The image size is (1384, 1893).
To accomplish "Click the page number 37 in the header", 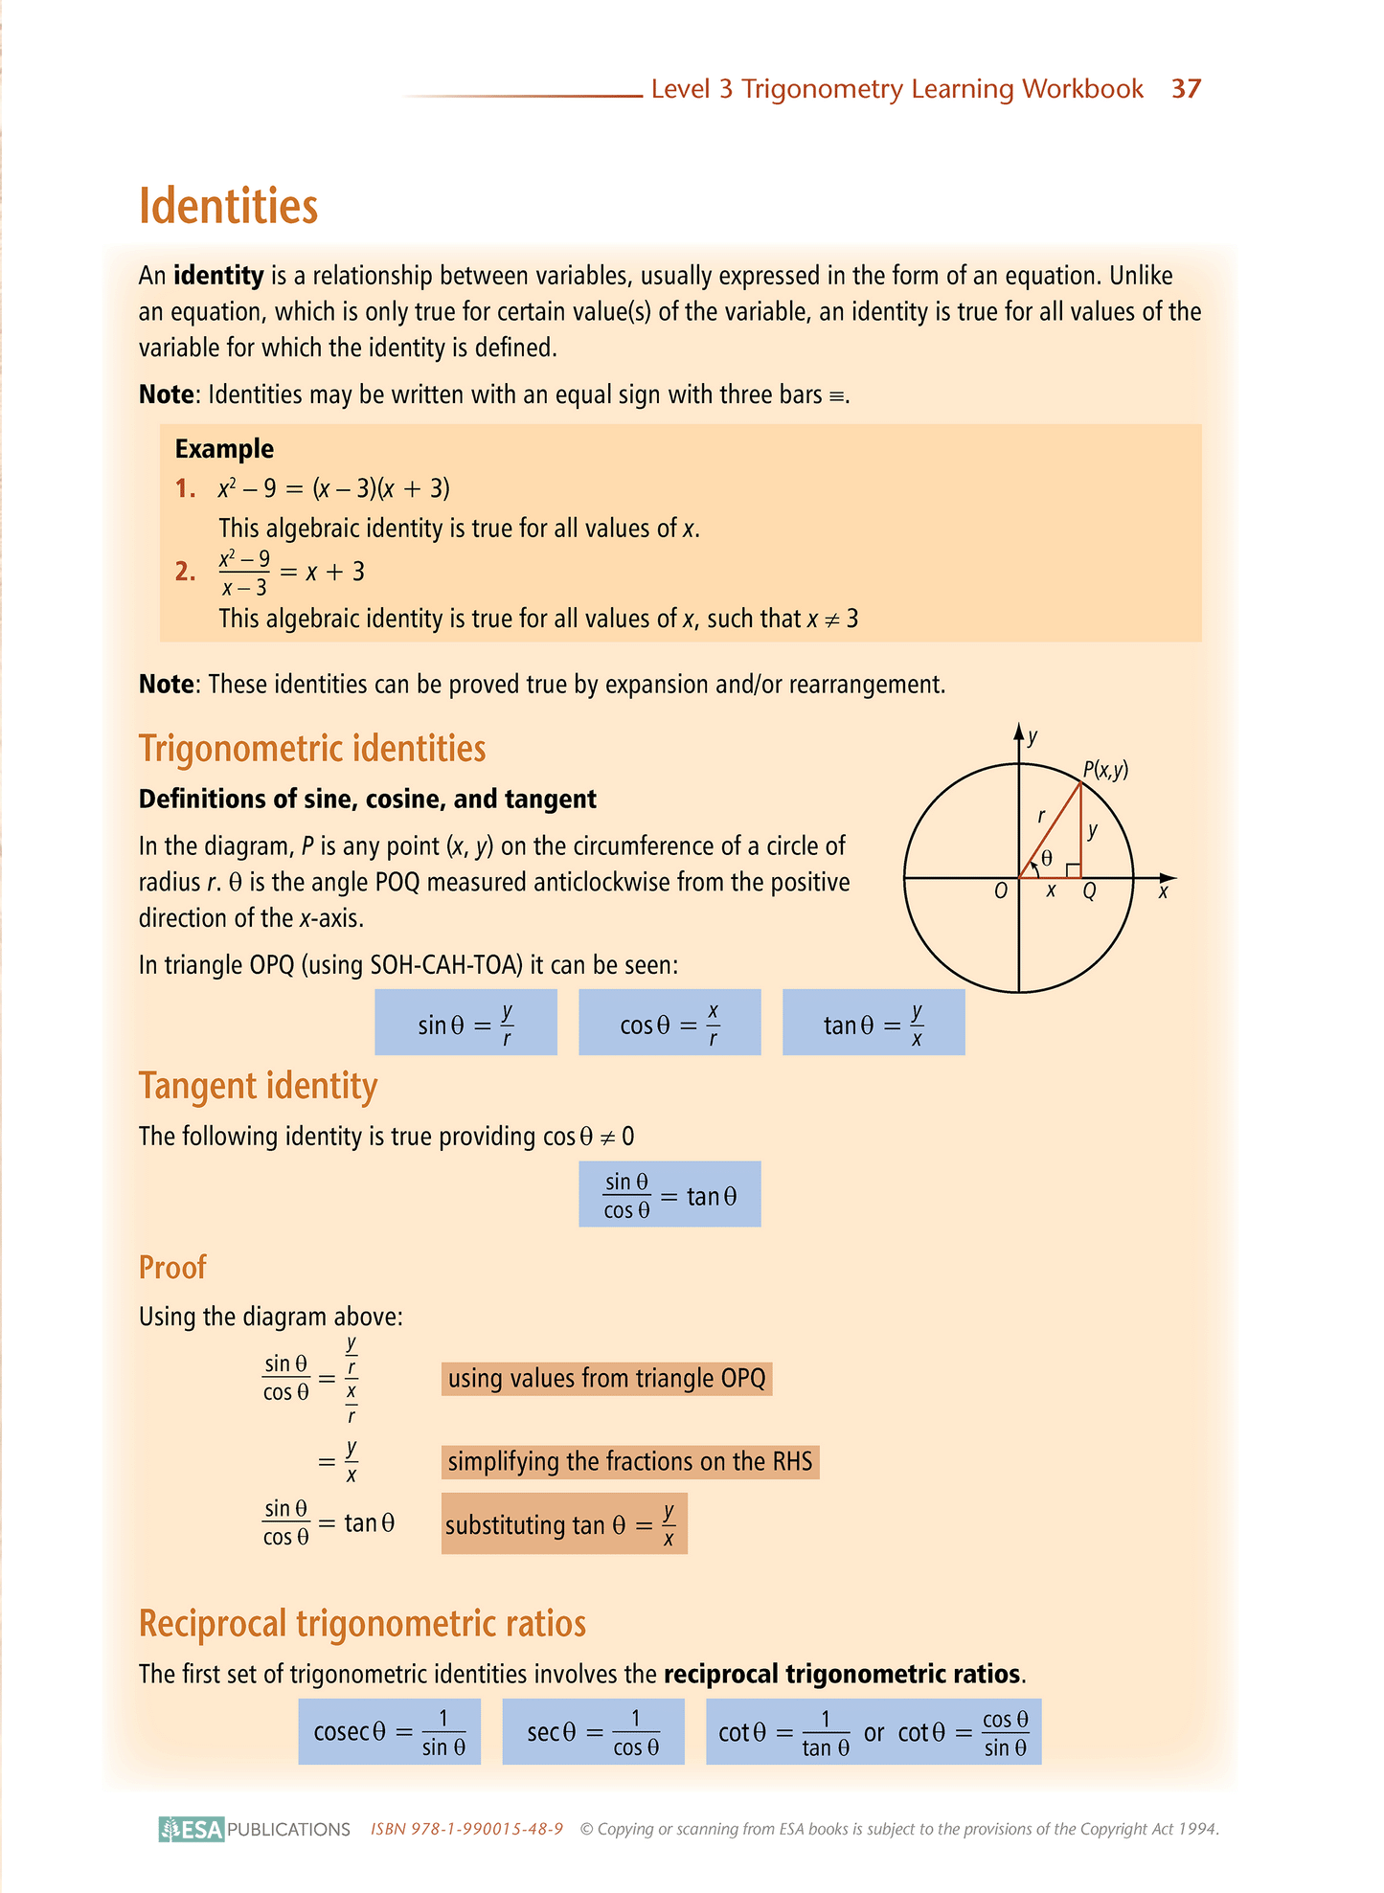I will point(1186,89).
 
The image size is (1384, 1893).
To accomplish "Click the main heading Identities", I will point(228,207).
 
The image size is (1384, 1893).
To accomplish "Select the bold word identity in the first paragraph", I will point(218,276).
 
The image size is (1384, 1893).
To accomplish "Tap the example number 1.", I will point(185,489).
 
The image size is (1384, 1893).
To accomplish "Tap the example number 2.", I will point(185,573).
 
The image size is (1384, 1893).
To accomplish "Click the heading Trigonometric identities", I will point(312,749).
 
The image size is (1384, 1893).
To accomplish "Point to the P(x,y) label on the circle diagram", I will point(1105,769).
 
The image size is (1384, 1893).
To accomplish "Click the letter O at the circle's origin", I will point(1001,891).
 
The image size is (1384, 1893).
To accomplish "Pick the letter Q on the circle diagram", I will point(1089,891).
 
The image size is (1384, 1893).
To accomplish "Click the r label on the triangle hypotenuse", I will point(1041,817).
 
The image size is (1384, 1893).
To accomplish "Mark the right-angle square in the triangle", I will point(1074,869).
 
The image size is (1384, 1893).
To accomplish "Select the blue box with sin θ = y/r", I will point(465,1024).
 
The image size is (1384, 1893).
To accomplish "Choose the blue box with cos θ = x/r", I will point(669,1024).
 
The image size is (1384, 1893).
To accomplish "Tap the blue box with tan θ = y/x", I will point(874,1024).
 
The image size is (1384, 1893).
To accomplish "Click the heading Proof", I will point(172,1268).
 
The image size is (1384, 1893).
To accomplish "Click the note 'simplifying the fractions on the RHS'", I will point(630,1462).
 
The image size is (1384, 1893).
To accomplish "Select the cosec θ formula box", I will point(389,1732).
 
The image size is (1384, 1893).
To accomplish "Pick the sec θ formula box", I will point(593,1732).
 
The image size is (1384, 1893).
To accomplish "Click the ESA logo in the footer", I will point(192,1830).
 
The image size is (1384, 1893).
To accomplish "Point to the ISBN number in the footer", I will point(466,1830).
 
